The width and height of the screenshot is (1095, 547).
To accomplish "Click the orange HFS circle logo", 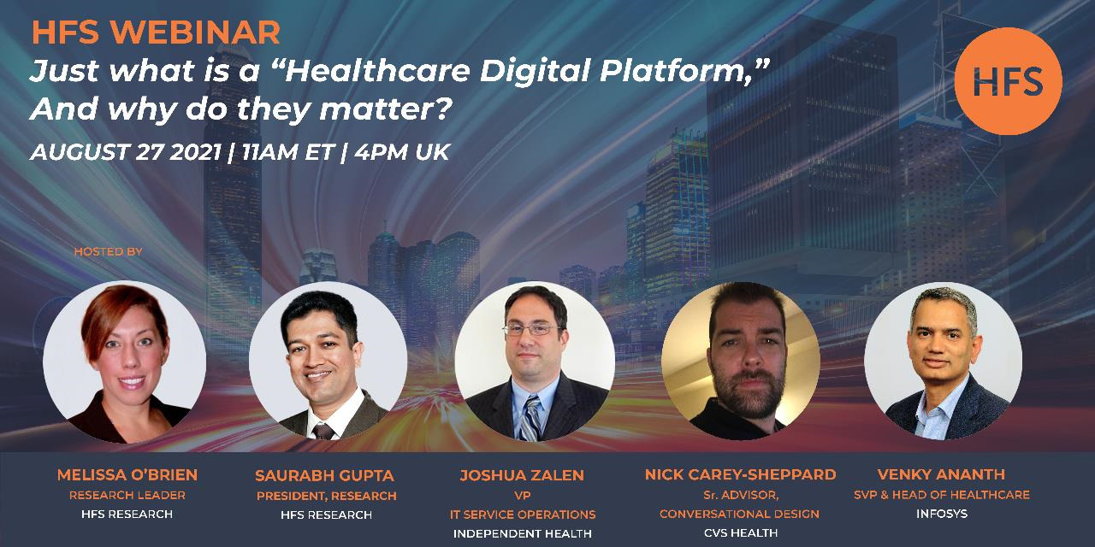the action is point(1008,81).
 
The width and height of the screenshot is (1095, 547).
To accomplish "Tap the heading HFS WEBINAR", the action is point(156,32).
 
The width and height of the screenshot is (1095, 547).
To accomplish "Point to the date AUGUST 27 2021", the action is point(126,152).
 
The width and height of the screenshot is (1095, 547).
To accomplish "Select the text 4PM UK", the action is point(402,152).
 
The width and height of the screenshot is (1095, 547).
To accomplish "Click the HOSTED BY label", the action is point(108,252).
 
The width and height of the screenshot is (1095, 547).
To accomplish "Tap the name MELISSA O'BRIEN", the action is point(127,474).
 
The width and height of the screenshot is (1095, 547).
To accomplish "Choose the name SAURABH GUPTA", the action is point(324,476).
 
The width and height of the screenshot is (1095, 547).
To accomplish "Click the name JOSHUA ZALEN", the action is point(522,475).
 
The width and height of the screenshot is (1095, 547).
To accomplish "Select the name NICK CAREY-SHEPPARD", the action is point(740,474).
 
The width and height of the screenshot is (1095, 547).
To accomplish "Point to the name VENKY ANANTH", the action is point(941,474).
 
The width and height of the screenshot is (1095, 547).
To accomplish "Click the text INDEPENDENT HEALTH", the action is point(522,534).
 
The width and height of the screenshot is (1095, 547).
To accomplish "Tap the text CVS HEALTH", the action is point(741,532).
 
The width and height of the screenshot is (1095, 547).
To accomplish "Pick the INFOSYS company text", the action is point(942,514).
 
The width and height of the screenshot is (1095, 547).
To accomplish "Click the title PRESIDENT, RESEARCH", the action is point(327,497).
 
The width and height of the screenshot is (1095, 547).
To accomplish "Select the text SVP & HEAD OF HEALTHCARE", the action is point(942,495).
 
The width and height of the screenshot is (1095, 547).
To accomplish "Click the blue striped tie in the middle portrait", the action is point(530,418).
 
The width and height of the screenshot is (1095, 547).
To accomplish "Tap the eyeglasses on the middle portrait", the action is point(532,330).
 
